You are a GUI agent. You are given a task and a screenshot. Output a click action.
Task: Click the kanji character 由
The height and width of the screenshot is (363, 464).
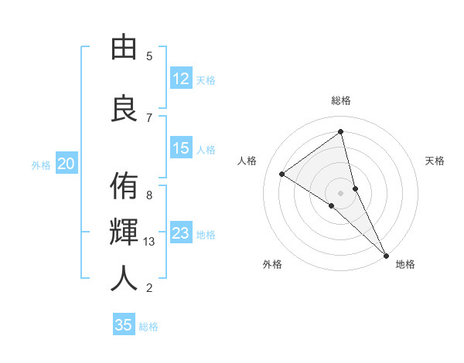(124, 48)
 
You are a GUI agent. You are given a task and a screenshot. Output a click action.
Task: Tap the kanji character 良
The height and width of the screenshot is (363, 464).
(124, 107)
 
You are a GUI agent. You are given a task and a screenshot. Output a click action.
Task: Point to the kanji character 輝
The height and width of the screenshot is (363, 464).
(124, 231)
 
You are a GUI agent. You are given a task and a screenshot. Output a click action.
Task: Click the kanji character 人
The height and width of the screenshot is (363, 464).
(124, 278)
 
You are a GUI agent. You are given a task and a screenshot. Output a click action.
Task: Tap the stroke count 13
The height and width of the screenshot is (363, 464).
(150, 242)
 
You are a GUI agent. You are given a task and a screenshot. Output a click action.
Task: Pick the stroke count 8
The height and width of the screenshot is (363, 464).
(149, 195)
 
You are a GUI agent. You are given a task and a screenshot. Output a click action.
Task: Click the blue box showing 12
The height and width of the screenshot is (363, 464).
(181, 79)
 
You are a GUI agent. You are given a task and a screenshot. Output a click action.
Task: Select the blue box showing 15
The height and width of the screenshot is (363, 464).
(181, 148)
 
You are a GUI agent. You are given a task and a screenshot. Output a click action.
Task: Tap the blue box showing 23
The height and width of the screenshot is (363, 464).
(181, 233)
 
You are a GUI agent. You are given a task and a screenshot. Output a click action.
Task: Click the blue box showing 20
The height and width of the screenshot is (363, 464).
(67, 164)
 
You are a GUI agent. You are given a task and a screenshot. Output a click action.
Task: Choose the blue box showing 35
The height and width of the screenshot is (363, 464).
(124, 325)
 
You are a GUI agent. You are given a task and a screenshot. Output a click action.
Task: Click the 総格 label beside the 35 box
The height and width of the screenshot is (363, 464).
(148, 327)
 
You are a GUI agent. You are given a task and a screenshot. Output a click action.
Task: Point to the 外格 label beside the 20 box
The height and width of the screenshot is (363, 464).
(41, 165)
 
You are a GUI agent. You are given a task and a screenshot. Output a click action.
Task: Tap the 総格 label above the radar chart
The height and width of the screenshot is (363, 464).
(341, 100)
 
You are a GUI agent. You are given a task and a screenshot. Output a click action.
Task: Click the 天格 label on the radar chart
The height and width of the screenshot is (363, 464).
(435, 161)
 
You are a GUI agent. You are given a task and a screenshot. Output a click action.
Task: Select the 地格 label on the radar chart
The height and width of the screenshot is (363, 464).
(405, 264)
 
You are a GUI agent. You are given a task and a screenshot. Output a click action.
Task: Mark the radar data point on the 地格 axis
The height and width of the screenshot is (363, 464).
(386, 254)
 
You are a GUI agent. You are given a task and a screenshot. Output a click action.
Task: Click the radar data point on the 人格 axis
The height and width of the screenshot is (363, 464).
(282, 174)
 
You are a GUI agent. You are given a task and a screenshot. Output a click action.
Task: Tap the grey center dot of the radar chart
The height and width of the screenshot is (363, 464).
(340, 192)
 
